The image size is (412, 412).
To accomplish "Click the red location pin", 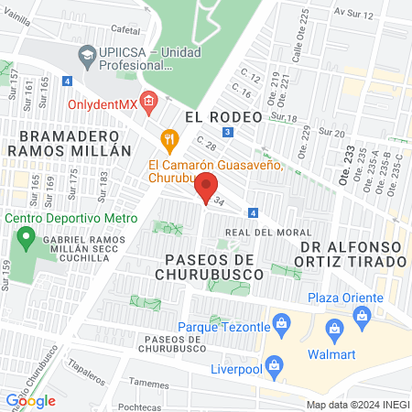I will tap(208, 189).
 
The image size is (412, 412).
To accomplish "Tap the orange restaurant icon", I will tap(168, 139).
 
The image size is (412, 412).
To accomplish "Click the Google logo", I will tap(31, 400).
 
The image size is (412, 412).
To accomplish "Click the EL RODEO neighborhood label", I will tap(223, 116).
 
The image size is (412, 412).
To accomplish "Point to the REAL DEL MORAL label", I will tap(263, 233).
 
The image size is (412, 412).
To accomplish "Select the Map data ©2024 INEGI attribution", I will tap(357, 404).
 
